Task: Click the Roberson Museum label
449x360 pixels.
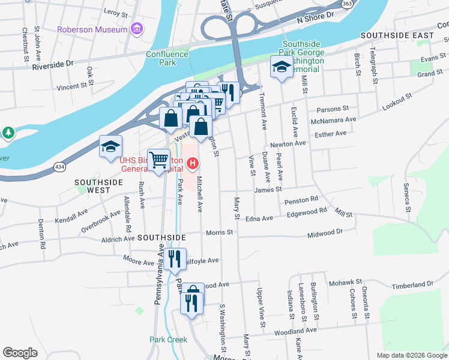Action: click(x=92, y=29)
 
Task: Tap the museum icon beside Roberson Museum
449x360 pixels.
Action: click(x=137, y=29)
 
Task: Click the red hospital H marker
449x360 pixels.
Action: click(x=193, y=163)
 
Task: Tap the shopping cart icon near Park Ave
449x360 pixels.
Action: click(x=158, y=161)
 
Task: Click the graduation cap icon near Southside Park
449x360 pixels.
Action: click(x=280, y=67)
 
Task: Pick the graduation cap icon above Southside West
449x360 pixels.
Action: click(x=110, y=147)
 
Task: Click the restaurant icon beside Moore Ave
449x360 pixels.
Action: click(x=175, y=260)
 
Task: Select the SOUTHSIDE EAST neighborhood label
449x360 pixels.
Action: click(x=397, y=36)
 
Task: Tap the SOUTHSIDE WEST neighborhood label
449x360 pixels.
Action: click(x=92, y=185)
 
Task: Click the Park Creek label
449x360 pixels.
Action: click(x=168, y=340)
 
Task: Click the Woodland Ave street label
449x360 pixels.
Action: click(x=296, y=330)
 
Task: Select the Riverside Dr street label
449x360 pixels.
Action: click(x=52, y=62)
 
